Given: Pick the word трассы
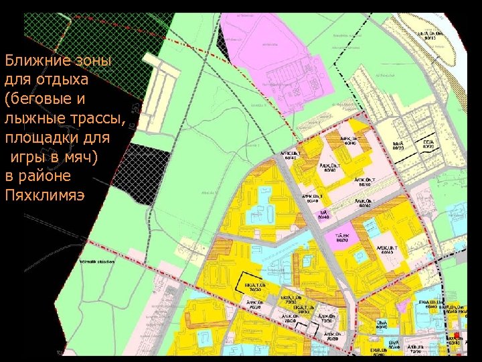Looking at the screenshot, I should pos(95,119).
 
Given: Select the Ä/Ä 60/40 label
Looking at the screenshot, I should pos(324,215).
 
